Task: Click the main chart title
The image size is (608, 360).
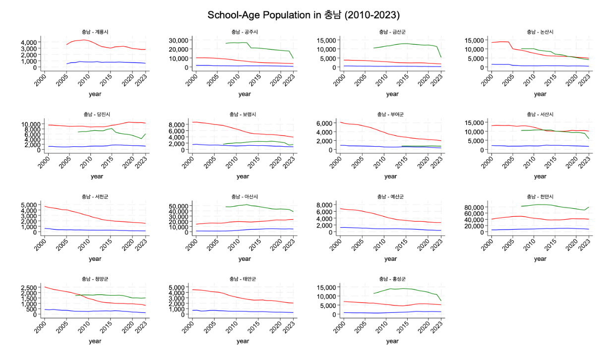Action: [x=304, y=15]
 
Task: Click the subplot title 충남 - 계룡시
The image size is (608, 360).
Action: [x=95, y=32]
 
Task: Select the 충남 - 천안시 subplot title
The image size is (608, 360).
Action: [x=540, y=197]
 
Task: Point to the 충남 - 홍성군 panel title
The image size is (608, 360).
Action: [x=392, y=279]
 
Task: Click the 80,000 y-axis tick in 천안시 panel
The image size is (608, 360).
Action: [x=477, y=207]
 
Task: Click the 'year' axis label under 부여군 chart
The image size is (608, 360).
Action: [x=390, y=176]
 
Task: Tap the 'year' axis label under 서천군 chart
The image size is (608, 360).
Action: [x=95, y=258]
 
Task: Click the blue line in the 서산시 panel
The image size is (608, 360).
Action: [x=541, y=145]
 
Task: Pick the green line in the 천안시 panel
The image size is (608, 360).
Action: [x=541, y=204]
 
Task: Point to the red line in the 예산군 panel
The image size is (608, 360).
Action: [x=377, y=215]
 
